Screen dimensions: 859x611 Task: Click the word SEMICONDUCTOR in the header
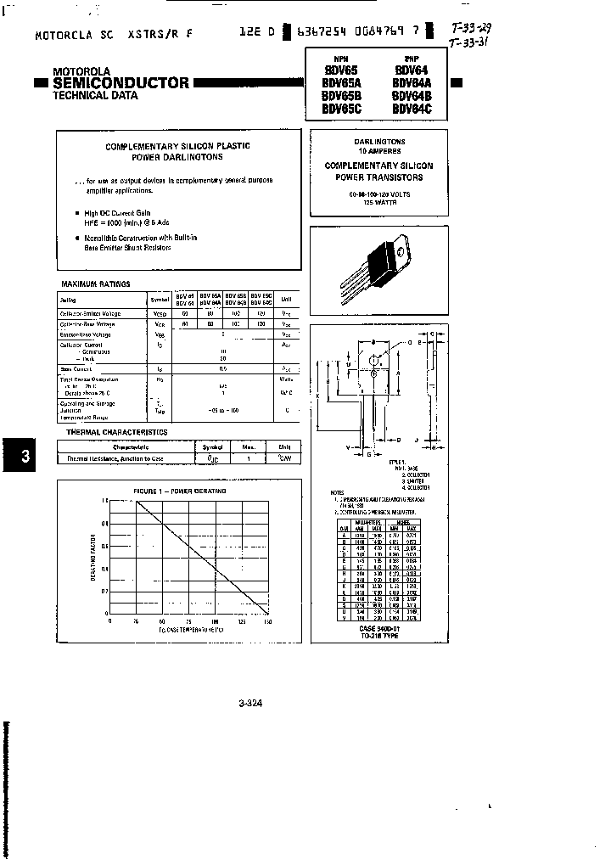coord(121,83)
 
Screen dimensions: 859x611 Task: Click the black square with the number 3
coord(25,457)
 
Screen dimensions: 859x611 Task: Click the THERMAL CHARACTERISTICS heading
coord(116,432)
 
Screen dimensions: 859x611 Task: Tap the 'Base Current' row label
coord(76,368)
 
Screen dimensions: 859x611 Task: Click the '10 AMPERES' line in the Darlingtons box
coord(379,150)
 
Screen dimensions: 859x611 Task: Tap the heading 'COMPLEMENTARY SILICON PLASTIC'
coord(177,146)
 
